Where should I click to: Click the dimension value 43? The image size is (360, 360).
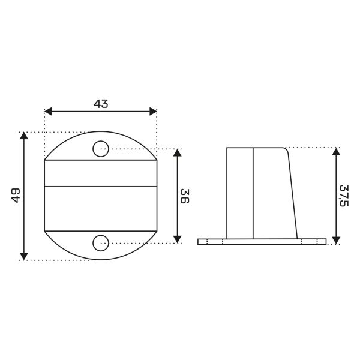[101, 104]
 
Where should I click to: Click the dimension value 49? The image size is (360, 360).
[16, 196]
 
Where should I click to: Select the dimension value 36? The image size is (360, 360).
[185, 196]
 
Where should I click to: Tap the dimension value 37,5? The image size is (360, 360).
[344, 196]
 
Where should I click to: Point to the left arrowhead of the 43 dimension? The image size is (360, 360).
[48, 112]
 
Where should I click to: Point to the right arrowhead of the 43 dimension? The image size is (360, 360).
[153, 112]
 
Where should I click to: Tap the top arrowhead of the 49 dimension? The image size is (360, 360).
[24, 136]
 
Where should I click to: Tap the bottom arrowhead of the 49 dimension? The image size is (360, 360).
[24, 256]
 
